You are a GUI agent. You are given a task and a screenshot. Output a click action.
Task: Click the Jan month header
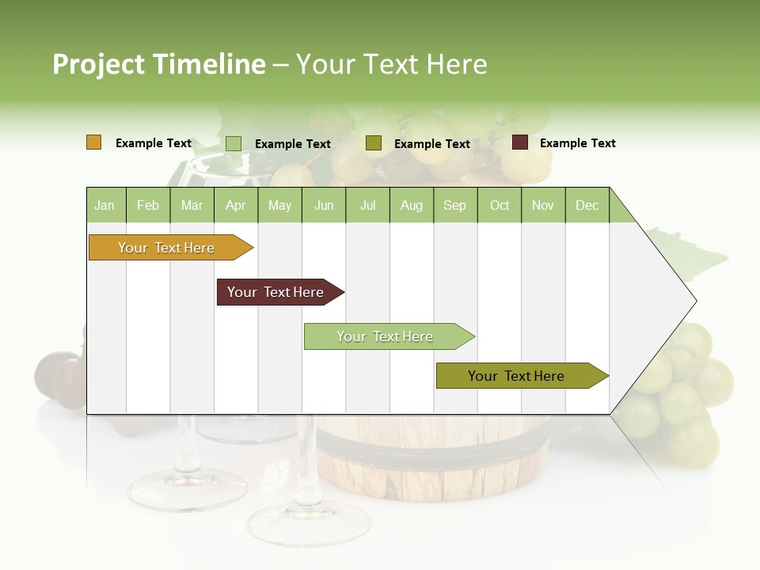pyautogui.click(x=104, y=205)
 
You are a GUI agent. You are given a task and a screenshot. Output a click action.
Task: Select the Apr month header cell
pyautogui.click(x=235, y=205)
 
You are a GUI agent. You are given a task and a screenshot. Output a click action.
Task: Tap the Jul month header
pyautogui.click(x=367, y=205)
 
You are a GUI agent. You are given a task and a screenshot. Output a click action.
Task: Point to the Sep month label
pyautogui.click(x=454, y=205)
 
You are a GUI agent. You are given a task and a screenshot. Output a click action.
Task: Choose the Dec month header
pyautogui.click(x=587, y=205)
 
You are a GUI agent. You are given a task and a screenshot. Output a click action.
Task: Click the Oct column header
pyautogui.click(x=500, y=205)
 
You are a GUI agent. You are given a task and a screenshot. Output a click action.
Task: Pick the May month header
pyautogui.click(x=279, y=205)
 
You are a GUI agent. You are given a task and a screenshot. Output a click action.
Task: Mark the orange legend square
pyautogui.click(x=94, y=142)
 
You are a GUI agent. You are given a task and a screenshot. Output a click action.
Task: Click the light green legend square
pyautogui.click(x=234, y=143)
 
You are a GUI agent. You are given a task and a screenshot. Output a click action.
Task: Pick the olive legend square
pyautogui.click(x=374, y=143)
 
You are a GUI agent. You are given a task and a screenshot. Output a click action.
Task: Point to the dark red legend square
pyautogui.click(x=520, y=142)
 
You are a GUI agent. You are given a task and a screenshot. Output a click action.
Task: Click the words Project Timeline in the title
pyautogui.click(x=158, y=64)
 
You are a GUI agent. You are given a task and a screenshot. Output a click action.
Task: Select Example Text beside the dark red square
pyautogui.click(x=577, y=143)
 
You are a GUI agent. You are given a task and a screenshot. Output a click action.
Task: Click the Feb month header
pyautogui.click(x=148, y=205)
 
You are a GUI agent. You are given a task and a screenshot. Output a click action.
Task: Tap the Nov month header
pyautogui.click(x=543, y=205)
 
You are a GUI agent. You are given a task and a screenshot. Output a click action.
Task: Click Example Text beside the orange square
pyautogui.click(x=154, y=143)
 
